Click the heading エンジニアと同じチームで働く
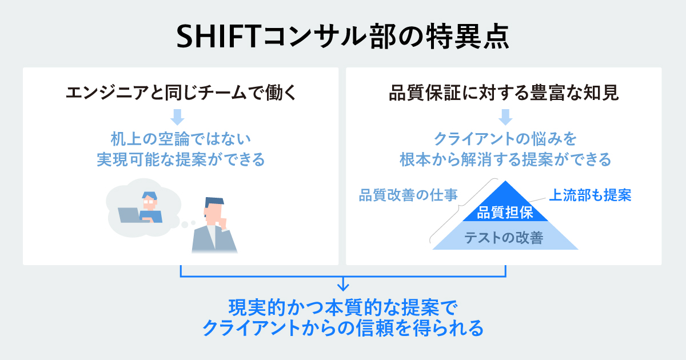point(181,93)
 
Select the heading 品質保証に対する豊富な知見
point(504,93)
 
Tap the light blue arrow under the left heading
point(177,117)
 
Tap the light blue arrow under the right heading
point(505,117)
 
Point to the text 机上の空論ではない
point(181,139)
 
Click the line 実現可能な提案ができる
point(181,159)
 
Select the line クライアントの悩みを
point(505,139)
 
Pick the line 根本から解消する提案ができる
point(505,159)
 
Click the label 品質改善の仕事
point(408,195)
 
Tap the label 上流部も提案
point(590,195)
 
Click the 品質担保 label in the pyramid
point(505,213)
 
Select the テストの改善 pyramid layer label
point(504,238)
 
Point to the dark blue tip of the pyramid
point(505,182)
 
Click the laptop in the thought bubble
point(129,215)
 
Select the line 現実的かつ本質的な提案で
point(343,307)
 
